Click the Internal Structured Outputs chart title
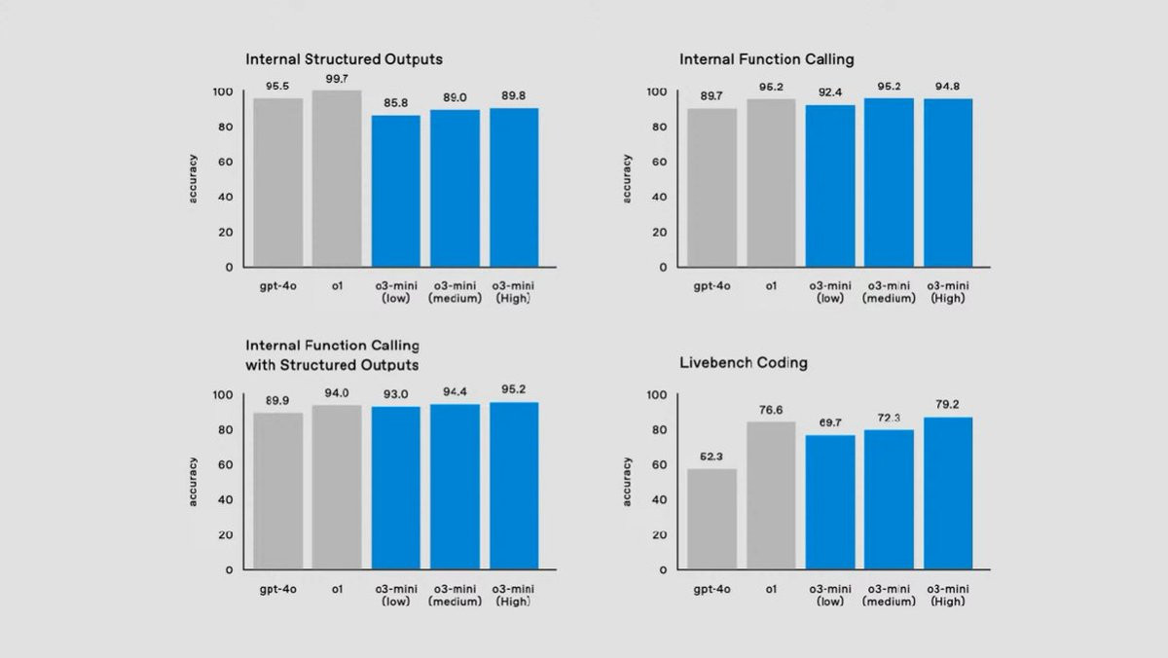(x=344, y=59)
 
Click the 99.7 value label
(x=337, y=78)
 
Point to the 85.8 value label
(x=396, y=102)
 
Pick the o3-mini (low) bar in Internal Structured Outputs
(x=396, y=191)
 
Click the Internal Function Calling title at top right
(x=766, y=59)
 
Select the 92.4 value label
(x=830, y=92)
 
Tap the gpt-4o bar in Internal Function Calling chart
(x=712, y=187)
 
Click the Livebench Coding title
(x=743, y=363)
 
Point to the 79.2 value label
(x=948, y=405)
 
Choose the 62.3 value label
(x=712, y=457)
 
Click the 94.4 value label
(x=455, y=391)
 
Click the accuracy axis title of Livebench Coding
(x=628, y=481)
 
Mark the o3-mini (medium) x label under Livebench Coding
(x=889, y=595)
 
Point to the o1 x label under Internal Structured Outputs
(x=337, y=286)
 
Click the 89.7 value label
(x=712, y=95)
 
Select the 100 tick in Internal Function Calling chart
(x=655, y=91)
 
